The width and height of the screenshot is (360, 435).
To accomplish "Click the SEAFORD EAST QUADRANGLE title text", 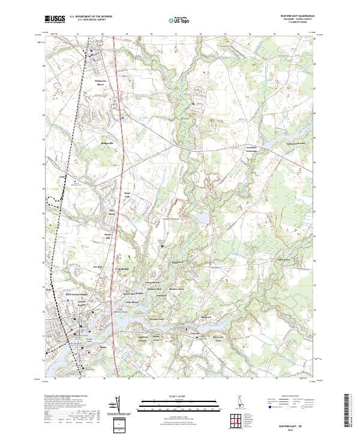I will click(x=296, y=16).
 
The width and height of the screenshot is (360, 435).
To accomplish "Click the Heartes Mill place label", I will click(x=109, y=236).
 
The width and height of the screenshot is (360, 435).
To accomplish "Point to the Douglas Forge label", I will click(x=157, y=318).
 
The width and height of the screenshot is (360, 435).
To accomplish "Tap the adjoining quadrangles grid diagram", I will click(x=236, y=418).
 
